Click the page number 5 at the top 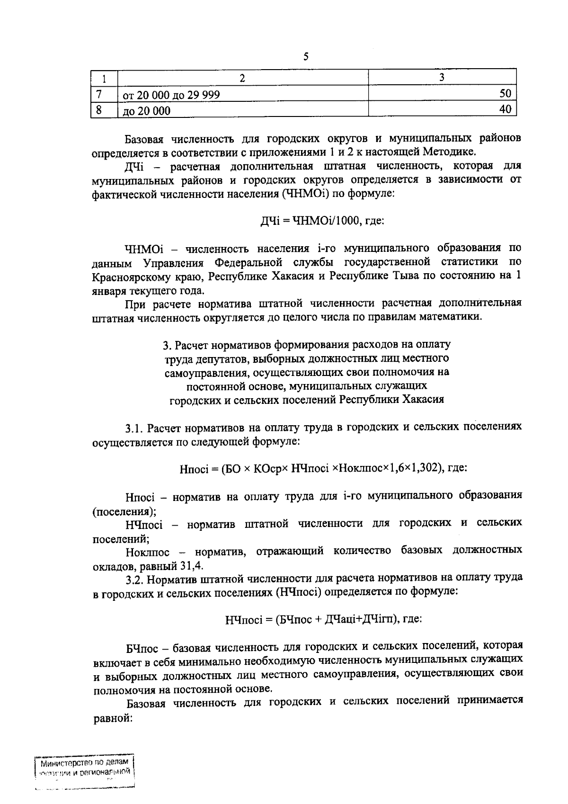[x=306, y=57]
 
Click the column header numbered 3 [x=442, y=77]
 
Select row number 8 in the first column [x=99, y=109]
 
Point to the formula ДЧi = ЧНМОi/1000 [x=322, y=220]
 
